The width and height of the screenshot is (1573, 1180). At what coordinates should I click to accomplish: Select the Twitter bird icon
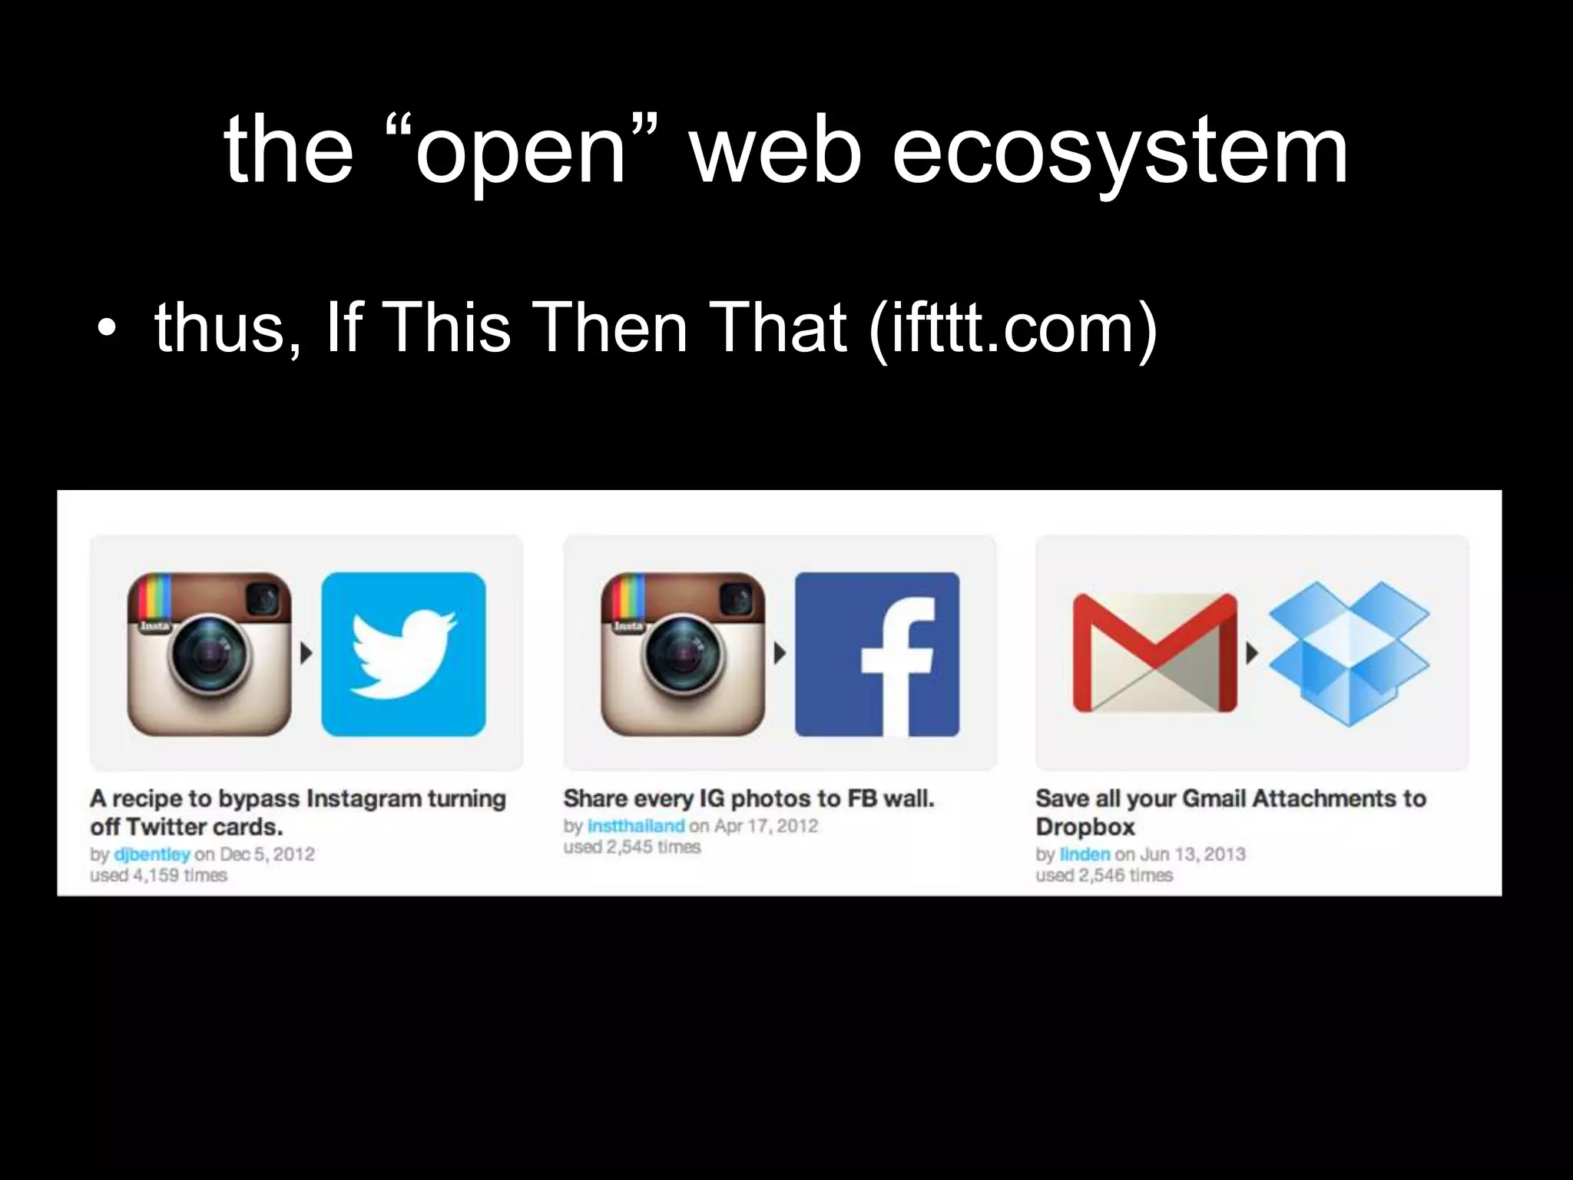(x=403, y=654)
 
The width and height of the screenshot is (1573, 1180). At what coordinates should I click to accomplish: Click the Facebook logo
(x=877, y=654)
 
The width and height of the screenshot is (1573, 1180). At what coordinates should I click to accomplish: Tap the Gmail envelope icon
(x=1154, y=653)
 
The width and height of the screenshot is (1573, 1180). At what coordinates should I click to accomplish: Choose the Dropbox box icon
(x=1349, y=653)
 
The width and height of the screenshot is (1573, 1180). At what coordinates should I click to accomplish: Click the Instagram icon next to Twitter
(x=209, y=654)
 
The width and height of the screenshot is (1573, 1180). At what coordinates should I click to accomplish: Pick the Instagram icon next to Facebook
(x=683, y=654)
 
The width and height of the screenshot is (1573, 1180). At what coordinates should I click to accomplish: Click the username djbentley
(x=151, y=854)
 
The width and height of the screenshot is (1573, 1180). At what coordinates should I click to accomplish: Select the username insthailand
(x=635, y=826)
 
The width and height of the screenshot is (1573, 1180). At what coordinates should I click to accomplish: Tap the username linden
(x=1085, y=854)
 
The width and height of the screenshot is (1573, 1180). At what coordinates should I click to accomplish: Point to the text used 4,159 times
(x=158, y=876)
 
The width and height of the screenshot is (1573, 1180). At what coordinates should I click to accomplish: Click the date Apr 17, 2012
(x=766, y=826)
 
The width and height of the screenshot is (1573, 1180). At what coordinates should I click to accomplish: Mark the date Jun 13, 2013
(x=1192, y=854)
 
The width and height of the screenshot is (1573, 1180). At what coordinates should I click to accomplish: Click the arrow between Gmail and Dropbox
(x=1252, y=654)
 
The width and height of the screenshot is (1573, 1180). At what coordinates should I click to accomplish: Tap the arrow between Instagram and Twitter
(x=306, y=654)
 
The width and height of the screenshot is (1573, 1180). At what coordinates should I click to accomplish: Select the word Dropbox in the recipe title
(x=1085, y=827)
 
